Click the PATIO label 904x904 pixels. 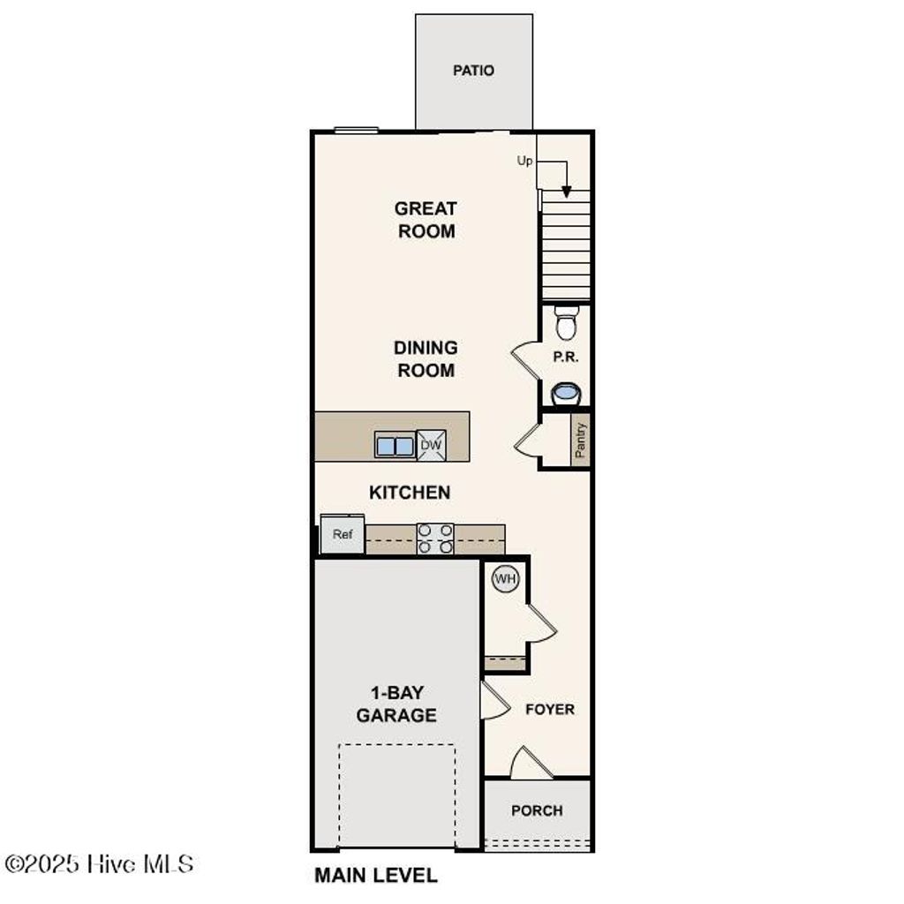pos(473,71)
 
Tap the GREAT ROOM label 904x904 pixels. pos(426,220)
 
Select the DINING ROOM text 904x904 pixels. pos(426,359)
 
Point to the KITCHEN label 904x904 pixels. pos(410,493)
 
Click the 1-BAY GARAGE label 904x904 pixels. pos(396,704)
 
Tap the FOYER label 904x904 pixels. pos(549,710)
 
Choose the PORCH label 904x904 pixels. pos(537,810)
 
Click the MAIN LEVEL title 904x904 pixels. pos(376,876)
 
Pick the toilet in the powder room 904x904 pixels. pos(566,323)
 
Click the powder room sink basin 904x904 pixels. pos(565,393)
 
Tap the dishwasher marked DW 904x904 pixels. pos(431,446)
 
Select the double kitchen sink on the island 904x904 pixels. pos(395,446)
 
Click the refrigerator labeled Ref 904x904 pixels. pos(343,535)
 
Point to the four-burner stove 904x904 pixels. pos(435,539)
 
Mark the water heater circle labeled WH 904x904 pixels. pos(505,579)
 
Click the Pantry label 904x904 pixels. pos(580,440)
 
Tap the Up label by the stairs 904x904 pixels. pos(524,161)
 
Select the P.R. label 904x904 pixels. pos(565,358)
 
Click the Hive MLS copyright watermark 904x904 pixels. pos(99,863)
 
